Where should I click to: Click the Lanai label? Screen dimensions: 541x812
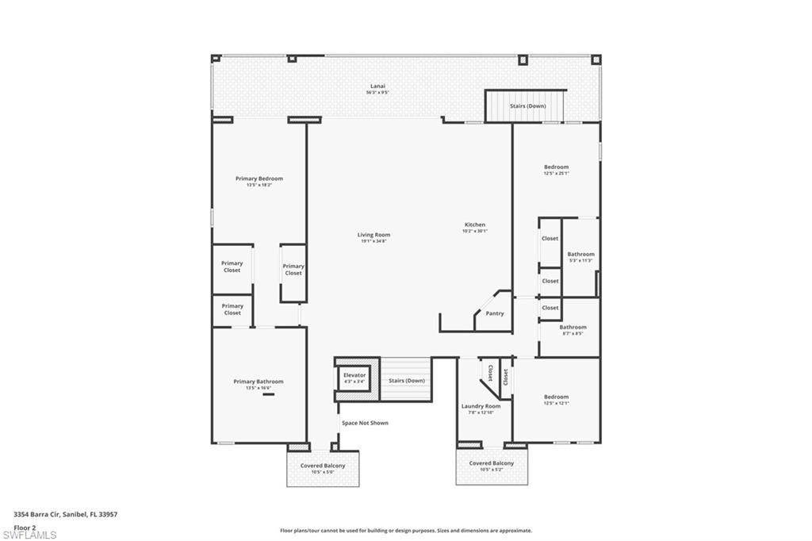click(x=378, y=86)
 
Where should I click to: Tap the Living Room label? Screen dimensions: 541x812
click(x=373, y=235)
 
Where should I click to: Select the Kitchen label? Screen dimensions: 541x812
click(x=475, y=224)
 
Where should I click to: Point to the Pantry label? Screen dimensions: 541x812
click(x=494, y=313)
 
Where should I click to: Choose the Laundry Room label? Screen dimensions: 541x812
click(x=481, y=406)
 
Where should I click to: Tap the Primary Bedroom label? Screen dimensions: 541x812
click(x=259, y=178)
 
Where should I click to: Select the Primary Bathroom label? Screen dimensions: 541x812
click(x=258, y=382)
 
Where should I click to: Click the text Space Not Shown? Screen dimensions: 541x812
click(x=365, y=423)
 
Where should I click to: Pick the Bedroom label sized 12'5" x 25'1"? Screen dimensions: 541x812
click(x=556, y=167)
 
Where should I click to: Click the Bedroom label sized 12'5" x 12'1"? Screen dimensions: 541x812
click(x=556, y=397)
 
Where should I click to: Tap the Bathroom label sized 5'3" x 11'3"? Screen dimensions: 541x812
click(x=580, y=254)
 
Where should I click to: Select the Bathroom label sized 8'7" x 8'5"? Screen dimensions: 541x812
click(x=573, y=327)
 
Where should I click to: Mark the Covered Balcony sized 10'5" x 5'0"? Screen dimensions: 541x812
click(x=322, y=466)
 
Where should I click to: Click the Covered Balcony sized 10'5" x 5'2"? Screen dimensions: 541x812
click(x=491, y=463)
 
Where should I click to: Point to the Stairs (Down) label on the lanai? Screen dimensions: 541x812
click(x=527, y=106)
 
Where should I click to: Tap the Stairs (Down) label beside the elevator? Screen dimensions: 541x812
click(x=407, y=381)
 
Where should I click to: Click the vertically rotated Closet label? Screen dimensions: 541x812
click(x=491, y=374)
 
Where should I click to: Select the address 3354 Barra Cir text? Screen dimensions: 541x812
click(x=66, y=514)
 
